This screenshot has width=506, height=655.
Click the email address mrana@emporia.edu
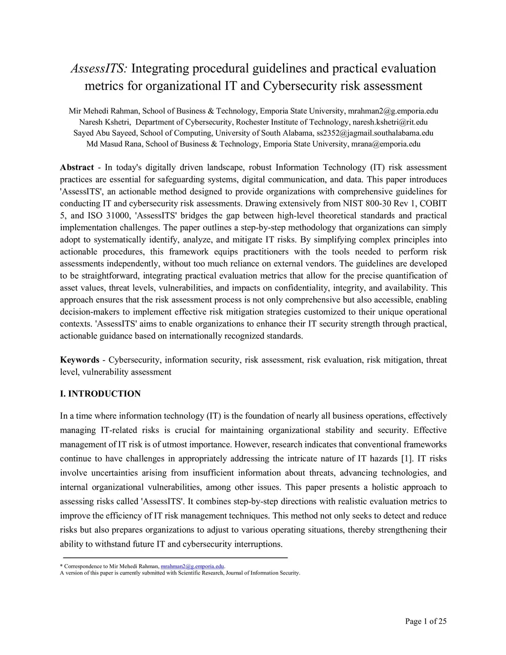tap(385, 144)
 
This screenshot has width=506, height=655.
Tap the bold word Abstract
tap(77, 168)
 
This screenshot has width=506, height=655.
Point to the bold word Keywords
tap(80, 360)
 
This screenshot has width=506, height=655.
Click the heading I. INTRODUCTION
tap(100, 394)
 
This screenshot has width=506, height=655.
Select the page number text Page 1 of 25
tap(425, 621)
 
